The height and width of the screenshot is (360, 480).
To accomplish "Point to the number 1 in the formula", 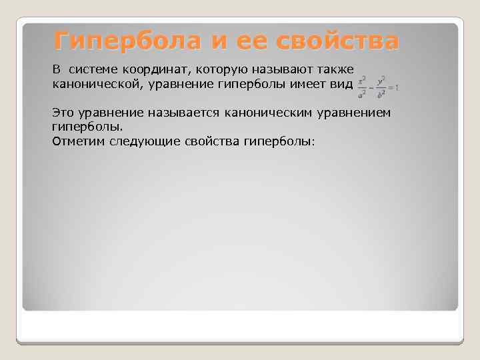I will [397, 87].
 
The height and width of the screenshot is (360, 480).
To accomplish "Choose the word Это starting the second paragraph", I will [63, 112].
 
